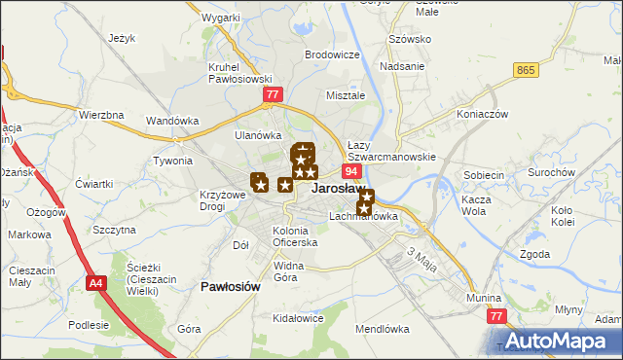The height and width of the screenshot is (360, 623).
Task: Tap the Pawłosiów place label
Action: click(x=230, y=287)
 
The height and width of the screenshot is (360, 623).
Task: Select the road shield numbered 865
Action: click(x=527, y=70)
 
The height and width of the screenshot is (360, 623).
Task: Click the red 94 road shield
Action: click(x=352, y=171)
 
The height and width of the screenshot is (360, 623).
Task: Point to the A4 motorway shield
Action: click(x=94, y=284)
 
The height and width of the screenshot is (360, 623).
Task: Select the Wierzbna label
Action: click(x=101, y=115)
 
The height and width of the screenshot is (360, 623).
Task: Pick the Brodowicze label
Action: click(x=332, y=55)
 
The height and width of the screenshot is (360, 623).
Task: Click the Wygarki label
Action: click(x=222, y=18)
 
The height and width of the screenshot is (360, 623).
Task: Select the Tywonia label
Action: click(x=172, y=161)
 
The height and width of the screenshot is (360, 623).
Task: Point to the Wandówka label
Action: click(x=172, y=121)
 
